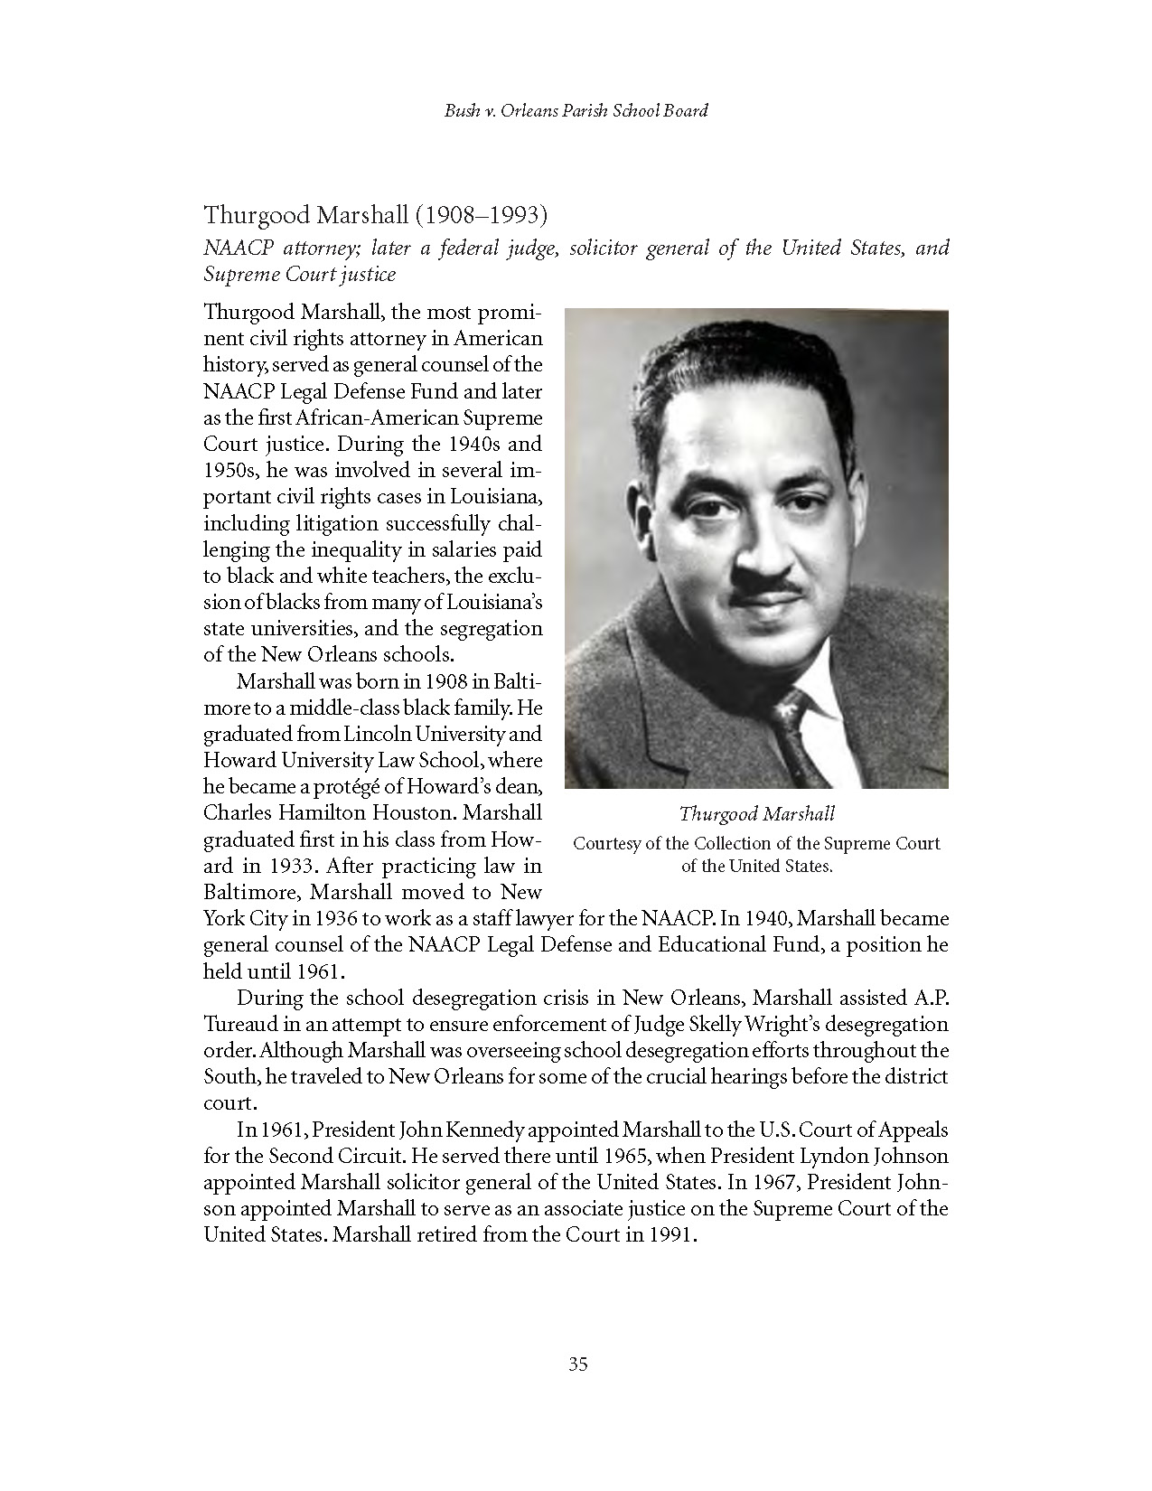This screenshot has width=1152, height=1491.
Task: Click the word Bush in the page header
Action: point(461,111)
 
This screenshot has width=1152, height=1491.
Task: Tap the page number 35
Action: point(578,1364)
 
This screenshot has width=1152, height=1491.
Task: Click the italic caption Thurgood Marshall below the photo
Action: point(756,814)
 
